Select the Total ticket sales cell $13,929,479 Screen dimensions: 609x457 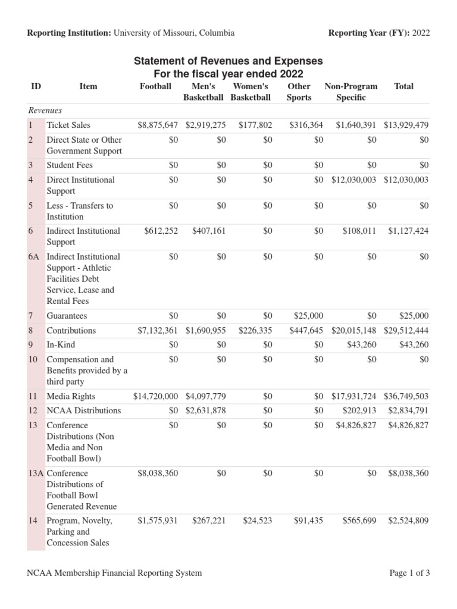[406, 125]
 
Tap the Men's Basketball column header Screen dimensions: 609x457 [204, 92]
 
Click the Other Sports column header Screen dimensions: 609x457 [299, 92]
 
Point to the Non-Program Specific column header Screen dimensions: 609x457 [350, 92]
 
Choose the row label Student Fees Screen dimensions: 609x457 [70, 165]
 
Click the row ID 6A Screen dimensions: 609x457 [33, 257]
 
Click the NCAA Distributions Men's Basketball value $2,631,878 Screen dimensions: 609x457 [205, 410]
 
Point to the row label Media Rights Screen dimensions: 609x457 [71, 396]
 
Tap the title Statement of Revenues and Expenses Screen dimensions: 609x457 [228, 61]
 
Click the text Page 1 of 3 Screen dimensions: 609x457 [409, 573]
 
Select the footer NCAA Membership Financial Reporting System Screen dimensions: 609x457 [114, 573]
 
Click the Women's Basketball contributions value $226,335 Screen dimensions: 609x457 [255, 331]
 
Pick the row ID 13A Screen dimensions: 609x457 [36, 473]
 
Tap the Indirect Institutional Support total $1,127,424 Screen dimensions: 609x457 [408, 231]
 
